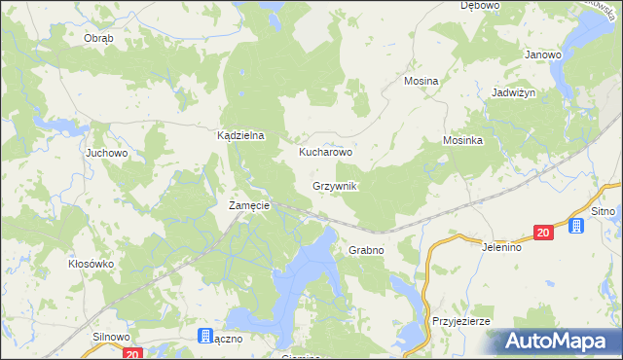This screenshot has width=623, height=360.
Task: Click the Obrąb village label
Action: click(98, 38)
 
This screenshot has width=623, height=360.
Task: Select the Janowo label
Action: click(543, 55)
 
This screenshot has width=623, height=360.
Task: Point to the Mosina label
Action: click(421, 82)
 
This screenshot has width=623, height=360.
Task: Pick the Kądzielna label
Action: click(240, 137)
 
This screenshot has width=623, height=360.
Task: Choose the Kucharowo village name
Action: click(325, 153)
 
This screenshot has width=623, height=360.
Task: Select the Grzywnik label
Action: click(335, 186)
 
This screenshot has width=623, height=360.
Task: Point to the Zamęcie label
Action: click(248, 206)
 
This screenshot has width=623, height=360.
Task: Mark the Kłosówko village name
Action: click(92, 264)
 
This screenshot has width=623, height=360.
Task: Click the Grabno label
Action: click(366, 250)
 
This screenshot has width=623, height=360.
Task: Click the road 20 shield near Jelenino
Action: click(543, 232)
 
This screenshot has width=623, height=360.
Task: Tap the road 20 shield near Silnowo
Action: click(133, 354)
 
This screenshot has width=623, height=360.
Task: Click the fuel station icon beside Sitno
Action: click(576, 227)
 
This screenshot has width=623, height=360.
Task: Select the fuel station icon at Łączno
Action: click(205, 337)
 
